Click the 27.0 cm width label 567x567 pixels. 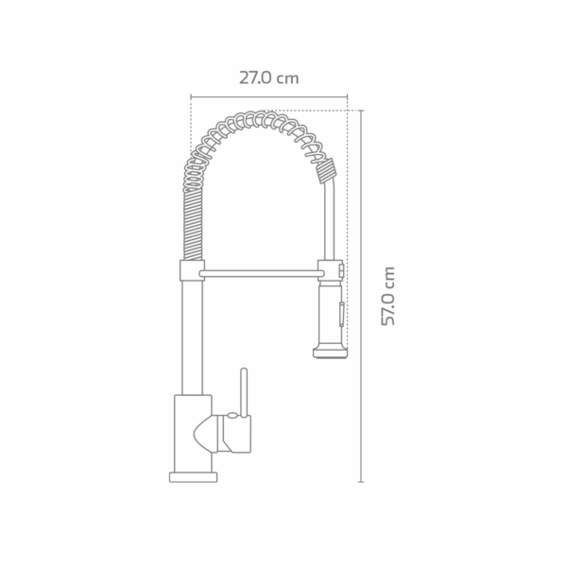[x=268, y=78]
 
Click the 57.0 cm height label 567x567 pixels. [x=387, y=296]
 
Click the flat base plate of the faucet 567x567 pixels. [x=196, y=476]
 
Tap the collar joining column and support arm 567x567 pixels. [x=188, y=273]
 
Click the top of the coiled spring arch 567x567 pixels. [x=255, y=121]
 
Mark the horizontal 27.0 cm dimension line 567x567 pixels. [x=268, y=95]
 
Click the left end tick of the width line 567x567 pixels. [x=191, y=95]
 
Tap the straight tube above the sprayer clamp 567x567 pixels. [x=327, y=222]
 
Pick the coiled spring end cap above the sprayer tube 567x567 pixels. [x=326, y=172]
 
